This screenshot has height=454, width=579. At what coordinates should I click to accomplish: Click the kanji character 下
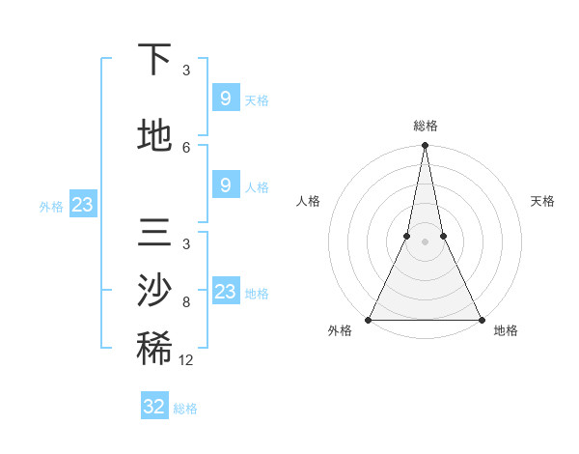point(154,60)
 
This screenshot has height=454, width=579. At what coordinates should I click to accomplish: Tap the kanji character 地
point(154,136)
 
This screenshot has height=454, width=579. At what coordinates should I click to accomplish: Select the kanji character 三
point(154,234)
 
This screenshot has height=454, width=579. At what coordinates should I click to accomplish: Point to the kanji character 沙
point(154,291)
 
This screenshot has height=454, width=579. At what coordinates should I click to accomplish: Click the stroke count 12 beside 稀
point(186,360)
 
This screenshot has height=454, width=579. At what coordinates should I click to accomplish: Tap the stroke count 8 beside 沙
point(186,302)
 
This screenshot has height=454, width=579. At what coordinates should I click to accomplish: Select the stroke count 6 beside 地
point(186,148)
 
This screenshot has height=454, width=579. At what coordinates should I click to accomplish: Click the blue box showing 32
point(154,407)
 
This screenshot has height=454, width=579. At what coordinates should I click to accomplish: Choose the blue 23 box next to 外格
point(82,205)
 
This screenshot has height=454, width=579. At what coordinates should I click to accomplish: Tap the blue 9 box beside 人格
point(225,185)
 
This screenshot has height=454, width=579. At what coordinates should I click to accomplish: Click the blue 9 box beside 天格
point(225,99)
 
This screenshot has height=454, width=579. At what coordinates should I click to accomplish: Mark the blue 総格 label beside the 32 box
point(185,409)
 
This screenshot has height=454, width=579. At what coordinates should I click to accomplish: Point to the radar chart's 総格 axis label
point(425,126)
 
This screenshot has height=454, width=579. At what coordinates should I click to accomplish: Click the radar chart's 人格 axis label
point(308,201)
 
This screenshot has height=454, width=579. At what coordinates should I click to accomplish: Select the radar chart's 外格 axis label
point(340,331)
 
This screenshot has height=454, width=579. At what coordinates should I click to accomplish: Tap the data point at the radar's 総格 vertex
point(425,146)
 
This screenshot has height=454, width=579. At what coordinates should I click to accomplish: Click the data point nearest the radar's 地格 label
point(481,320)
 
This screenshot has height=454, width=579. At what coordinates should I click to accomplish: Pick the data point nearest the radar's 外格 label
point(369,320)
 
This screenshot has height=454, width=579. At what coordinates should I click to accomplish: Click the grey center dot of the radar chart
point(425,241)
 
